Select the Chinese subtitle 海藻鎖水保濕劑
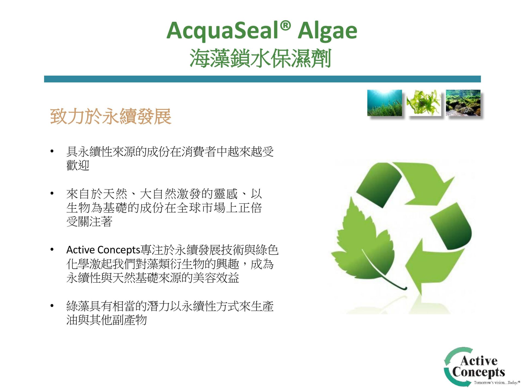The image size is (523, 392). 260,58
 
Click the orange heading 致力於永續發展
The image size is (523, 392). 111,116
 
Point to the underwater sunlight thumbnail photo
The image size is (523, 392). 384,103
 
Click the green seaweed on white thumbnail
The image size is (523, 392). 424,103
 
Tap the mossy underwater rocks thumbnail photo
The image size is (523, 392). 463,103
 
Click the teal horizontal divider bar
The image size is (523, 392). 262,79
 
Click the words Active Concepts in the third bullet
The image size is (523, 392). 103,250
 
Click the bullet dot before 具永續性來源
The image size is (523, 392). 52,151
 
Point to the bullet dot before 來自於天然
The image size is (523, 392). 52,194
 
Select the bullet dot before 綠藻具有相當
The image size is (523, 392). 52,306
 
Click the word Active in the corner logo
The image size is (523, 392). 479,360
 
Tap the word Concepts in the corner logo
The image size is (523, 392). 479,372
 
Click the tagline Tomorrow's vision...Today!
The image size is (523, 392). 497,382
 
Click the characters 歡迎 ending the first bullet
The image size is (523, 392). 78,165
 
